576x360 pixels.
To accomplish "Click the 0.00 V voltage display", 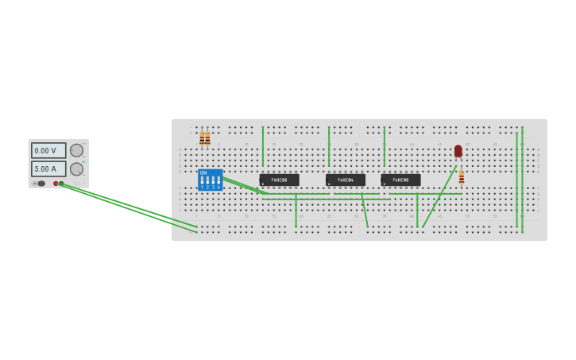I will click(48, 150).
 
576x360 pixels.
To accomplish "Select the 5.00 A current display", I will click(48, 168).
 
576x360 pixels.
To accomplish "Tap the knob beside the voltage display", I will click(76, 150).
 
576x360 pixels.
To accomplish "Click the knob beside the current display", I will click(76, 168).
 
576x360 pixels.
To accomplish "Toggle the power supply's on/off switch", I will click(41, 184).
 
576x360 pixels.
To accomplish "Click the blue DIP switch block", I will click(211, 180).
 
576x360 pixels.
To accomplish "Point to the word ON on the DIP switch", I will click(203, 172).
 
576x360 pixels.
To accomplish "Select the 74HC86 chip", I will click(279, 180).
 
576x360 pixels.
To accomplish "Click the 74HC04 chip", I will click(346, 180).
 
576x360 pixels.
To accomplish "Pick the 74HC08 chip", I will click(400, 180).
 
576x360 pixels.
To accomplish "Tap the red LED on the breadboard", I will click(458, 151).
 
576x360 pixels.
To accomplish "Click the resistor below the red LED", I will click(462, 177).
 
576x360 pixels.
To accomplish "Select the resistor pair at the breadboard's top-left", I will click(205, 139).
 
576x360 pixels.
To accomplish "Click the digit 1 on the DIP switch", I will click(203, 188).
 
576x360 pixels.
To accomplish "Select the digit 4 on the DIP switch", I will click(218, 188).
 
